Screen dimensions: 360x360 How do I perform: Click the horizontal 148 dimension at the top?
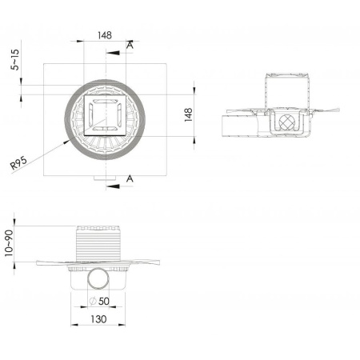click(x=105, y=35)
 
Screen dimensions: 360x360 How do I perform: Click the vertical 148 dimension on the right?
click(x=189, y=115)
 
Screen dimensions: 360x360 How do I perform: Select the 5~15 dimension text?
click(x=15, y=59)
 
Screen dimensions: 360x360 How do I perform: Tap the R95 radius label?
click(x=18, y=163)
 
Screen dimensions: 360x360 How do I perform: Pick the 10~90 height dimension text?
click(x=9, y=243)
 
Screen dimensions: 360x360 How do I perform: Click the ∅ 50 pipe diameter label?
click(x=99, y=302)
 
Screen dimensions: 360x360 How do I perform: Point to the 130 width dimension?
click(x=98, y=319)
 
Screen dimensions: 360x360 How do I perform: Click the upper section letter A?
click(x=130, y=46)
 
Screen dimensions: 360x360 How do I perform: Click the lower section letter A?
click(x=130, y=178)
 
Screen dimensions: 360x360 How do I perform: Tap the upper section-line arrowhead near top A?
click(x=113, y=53)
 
